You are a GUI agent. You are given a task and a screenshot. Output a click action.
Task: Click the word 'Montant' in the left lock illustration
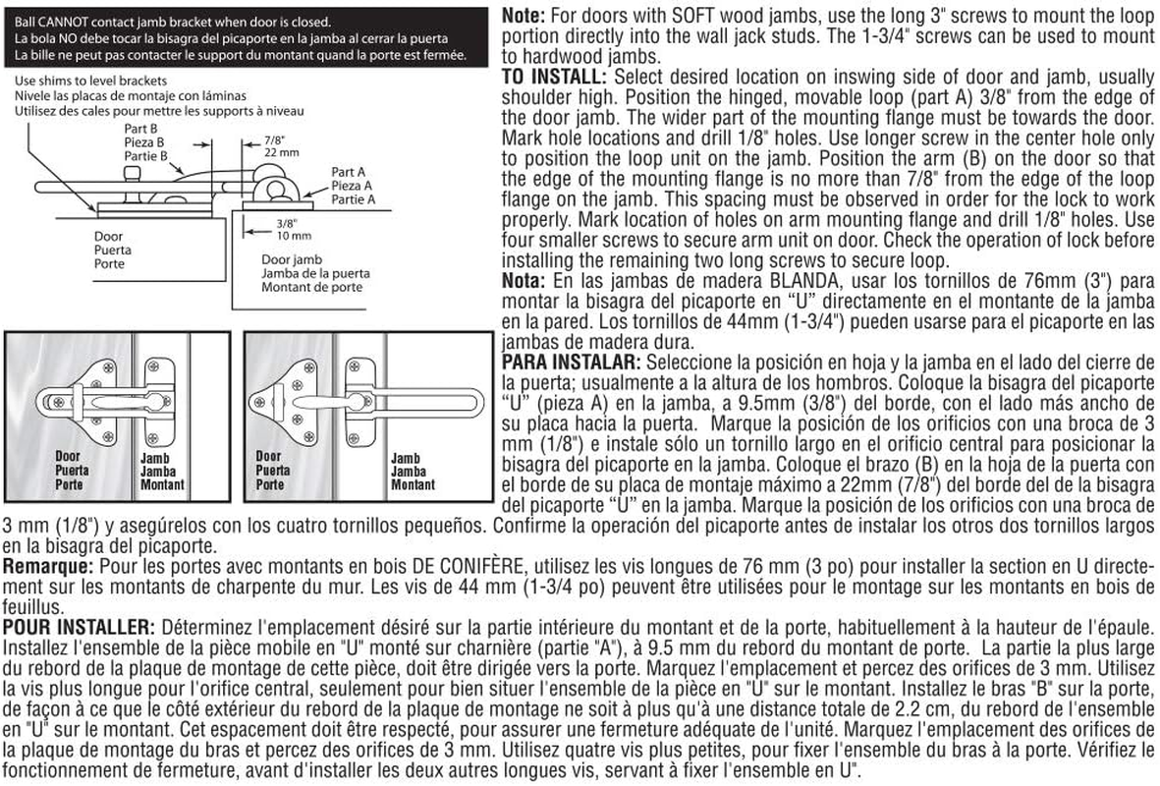point(162,484)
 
